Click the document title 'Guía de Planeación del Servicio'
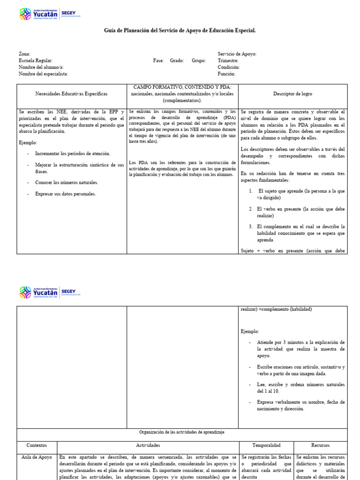[x=180, y=30]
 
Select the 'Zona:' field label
[x=25, y=54]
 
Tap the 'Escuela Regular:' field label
[x=36, y=60]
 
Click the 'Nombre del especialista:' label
[x=44, y=74]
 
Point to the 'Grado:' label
[x=177, y=60]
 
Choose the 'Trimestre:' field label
[x=228, y=60]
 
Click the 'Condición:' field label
[x=229, y=67]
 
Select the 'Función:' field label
[x=227, y=74]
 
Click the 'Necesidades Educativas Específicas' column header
[x=71, y=94]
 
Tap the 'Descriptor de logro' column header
[x=292, y=94]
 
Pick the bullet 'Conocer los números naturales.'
[x=67, y=182]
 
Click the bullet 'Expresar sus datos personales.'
[x=66, y=194]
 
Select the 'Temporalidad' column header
[x=266, y=445]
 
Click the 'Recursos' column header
[x=321, y=445]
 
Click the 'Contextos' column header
[x=37, y=445]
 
